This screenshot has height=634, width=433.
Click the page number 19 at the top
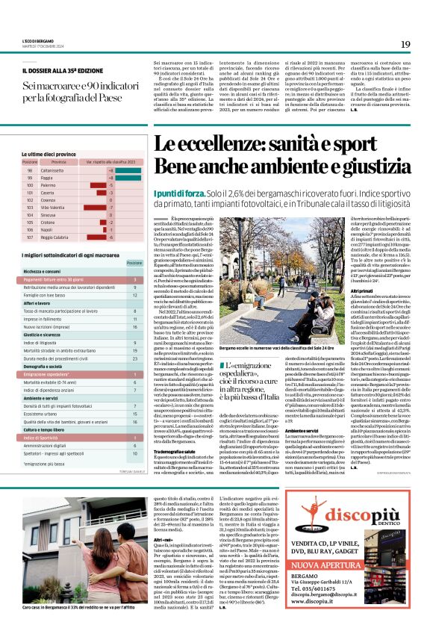405,45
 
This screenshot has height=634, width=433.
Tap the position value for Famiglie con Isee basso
134,294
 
